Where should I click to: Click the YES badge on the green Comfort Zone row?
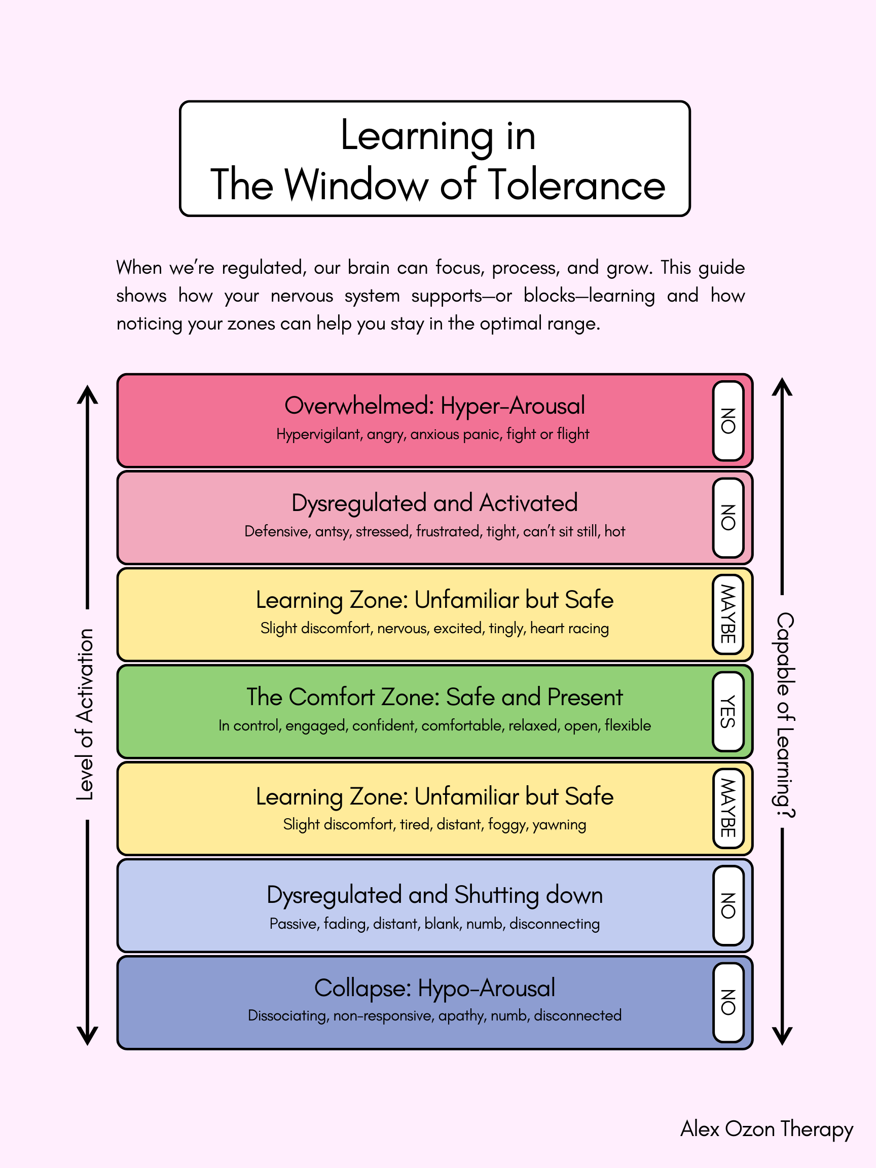click(x=727, y=711)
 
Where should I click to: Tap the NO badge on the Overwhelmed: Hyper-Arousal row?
click(x=727, y=421)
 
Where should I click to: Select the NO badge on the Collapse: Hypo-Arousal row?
click(x=727, y=1002)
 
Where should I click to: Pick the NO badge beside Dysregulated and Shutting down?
click(x=727, y=905)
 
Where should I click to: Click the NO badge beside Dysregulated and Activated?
click(x=727, y=518)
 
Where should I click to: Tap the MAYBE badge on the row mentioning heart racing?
click(x=727, y=614)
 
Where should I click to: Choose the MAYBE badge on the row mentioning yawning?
click(x=727, y=808)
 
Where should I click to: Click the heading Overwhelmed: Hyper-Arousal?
click(x=434, y=406)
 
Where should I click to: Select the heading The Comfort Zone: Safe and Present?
click(x=434, y=697)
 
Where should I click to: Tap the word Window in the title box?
click(x=356, y=185)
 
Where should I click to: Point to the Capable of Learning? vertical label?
click(x=785, y=714)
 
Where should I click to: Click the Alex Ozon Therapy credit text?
click(x=766, y=1129)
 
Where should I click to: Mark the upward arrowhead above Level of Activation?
click(x=88, y=394)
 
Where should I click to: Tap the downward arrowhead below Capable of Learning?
click(x=782, y=1036)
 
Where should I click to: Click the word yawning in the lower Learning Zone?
click(x=559, y=825)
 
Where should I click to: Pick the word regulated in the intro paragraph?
click(x=264, y=268)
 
